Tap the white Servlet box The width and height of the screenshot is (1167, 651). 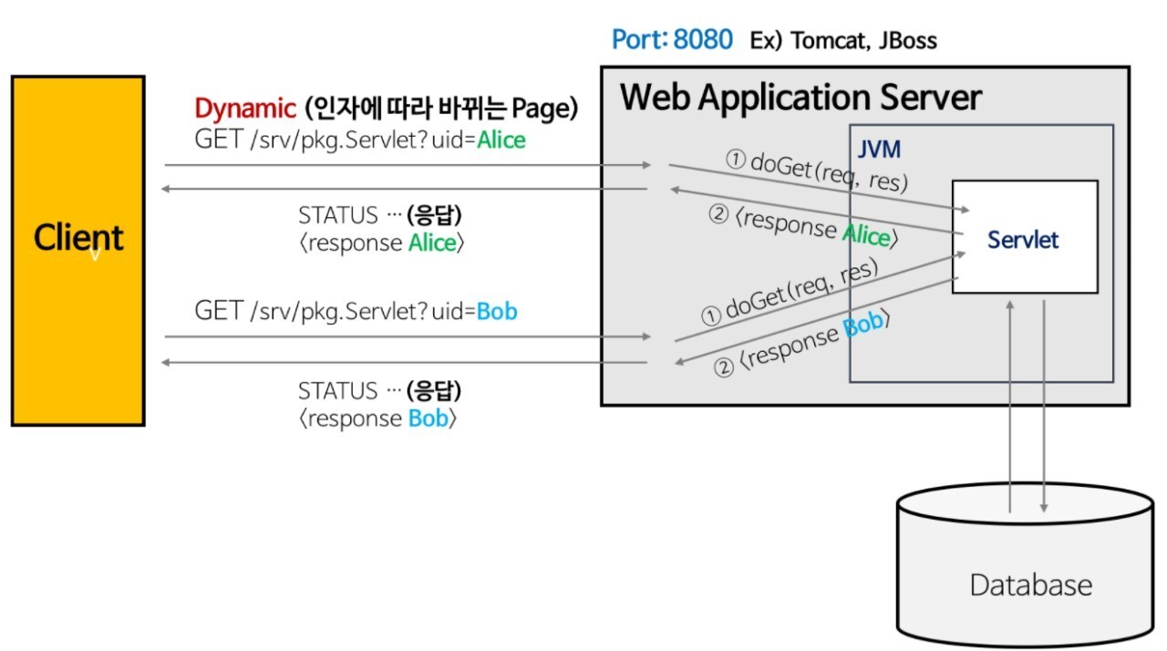pos(1024,238)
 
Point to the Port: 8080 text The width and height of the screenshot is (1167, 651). pos(672,40)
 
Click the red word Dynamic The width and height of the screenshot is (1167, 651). pos(244,108)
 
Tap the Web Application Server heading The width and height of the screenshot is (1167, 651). pos(800,97)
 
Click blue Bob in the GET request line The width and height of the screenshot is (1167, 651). pos(497,311)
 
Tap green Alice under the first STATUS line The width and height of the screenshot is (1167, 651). pos(431,243)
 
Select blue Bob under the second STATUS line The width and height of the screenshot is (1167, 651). pos(428,418)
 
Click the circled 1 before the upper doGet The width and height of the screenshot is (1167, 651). pos(735,159)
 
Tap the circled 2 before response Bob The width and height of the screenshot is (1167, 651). pos(723,368)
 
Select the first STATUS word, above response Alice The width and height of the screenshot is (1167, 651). pos(337,215)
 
